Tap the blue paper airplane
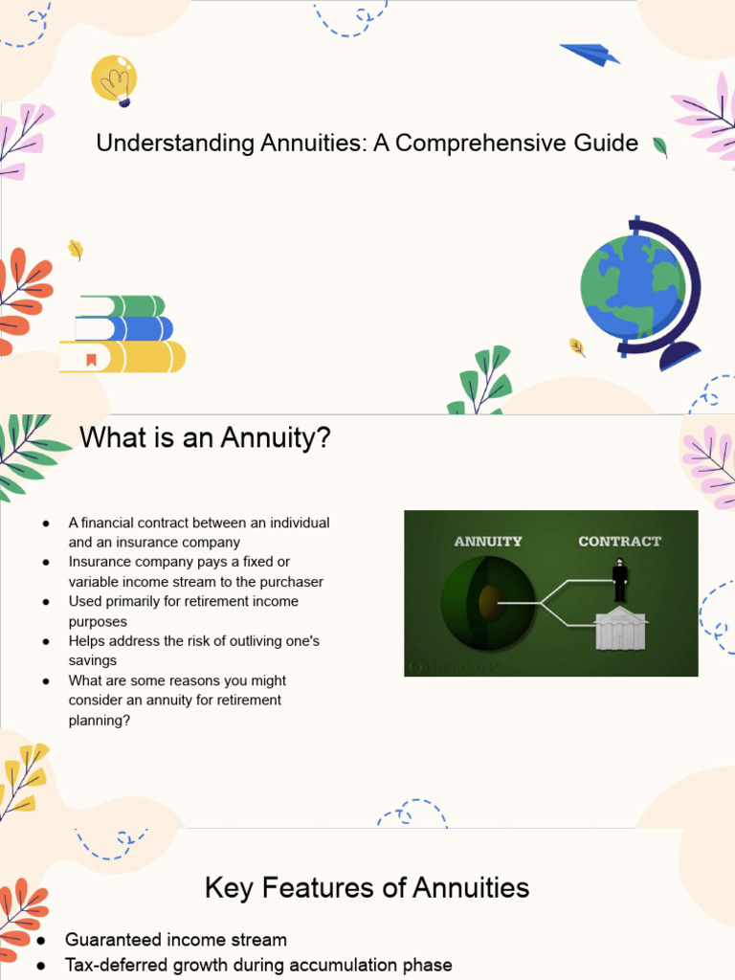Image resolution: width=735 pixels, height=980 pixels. pyautogui.click(x=590, y=55)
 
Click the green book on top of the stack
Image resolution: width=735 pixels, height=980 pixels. pyautogui.click(x=122, y=306)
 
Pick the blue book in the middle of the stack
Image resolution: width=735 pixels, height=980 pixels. pyautogui.click(x=124, y=329)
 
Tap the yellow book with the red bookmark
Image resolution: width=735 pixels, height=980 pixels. pyautogui.click(x=122, y=357)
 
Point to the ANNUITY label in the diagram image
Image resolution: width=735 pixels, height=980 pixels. pyautogui.click(x=488, y=541)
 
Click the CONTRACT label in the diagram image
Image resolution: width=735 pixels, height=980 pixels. pyautogui.click(x=619, y=541)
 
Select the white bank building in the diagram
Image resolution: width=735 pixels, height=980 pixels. pyautogui.click(x=619, y=630)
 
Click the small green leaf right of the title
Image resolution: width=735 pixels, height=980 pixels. pyautogui.click(x=659, y=146)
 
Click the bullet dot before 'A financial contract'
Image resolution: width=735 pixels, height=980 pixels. pyautogui.click(x=45, y=523)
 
